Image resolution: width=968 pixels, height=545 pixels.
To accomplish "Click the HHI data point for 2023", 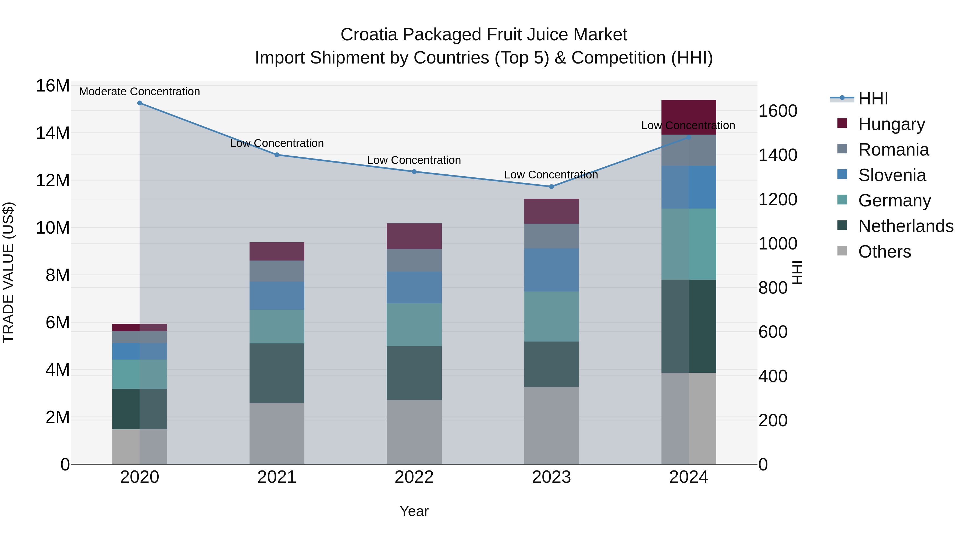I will click(x=551, y=187).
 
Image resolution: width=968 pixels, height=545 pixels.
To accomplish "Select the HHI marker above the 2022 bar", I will click(x=414, y=171).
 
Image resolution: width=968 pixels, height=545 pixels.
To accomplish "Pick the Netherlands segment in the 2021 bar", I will click(x=277, y=373).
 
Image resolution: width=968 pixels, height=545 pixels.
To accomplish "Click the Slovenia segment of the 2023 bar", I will click(x=551, y=270).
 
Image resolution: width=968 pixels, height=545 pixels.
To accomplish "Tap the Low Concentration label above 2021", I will click(x=277, y=143).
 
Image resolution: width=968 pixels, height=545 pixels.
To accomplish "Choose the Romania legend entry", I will click(x=893, y=150).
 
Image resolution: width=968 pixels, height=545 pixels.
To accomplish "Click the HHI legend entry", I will click(x=873, y=99).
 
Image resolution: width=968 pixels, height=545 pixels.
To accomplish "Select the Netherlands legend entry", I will click(x=906, y=226).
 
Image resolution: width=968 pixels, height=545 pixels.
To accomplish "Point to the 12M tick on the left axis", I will click(x=53, y=181).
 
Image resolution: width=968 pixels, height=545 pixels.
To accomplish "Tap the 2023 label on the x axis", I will click(x=551, y=477).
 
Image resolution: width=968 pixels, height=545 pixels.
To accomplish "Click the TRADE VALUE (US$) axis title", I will click(x=8, y=272).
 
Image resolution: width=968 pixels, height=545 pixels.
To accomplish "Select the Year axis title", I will click(x=414, y=511).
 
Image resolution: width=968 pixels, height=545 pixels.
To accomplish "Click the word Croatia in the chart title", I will click(x=369, y=35).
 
